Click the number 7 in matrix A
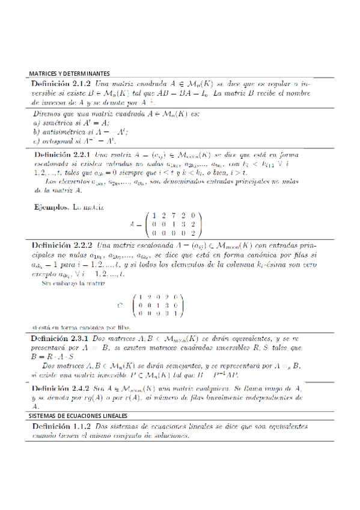pos(174,216)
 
